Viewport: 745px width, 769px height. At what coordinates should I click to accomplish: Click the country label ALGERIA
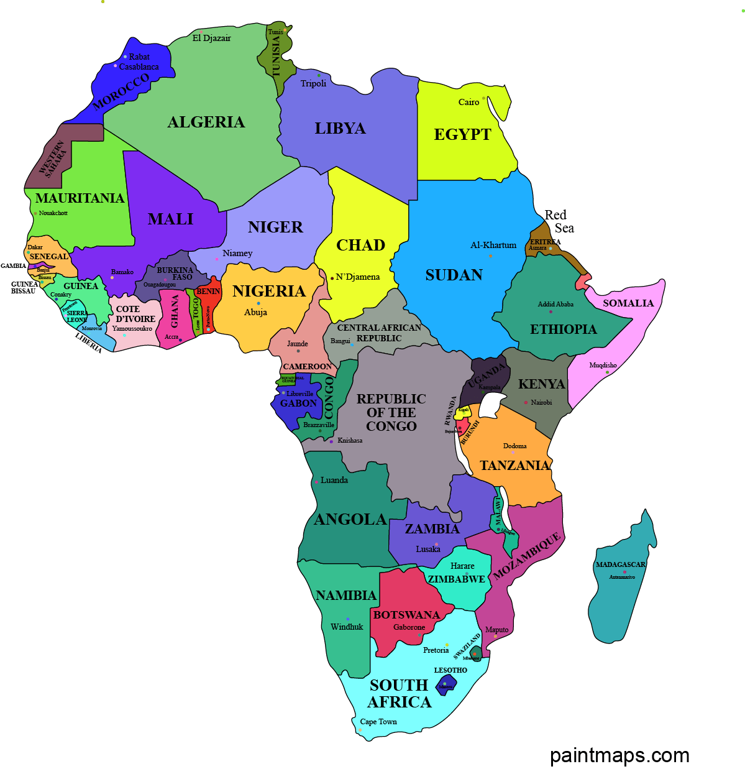pyautogui.click(x=206, y=122)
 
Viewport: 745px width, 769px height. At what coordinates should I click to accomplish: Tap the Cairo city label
pyautogui.click(x=468, y=102)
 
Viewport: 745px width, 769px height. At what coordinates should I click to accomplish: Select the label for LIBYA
pyautogui.click(x=340, y=129)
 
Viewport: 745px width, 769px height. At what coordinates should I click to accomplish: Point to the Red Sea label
pyautogui.click(x=559, y=222)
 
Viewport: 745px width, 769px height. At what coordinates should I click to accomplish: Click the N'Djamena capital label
pyautogui.click(x=357, y=277)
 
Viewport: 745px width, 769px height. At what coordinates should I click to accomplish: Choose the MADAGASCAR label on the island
pyautogui.click(x=620, y=564)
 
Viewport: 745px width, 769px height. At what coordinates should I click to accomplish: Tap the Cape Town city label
pyautogui.click(x=378, y=722)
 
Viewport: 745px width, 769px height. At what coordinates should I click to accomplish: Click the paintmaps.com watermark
pyautogui.click(x=619, y=755)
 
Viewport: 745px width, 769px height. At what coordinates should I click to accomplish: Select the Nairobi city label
pyautogui.click(x=541, y=402)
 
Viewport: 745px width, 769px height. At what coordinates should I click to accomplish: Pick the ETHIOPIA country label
pyautogui.click(x=563, y=329)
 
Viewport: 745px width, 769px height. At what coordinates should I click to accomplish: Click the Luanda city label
pyautogui.click(x=334, y=480)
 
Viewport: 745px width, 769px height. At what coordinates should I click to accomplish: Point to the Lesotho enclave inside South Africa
pyautogui.click(x=446, y=685)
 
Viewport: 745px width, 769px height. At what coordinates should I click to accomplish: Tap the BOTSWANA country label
pyautogui.click(x=406, y=615)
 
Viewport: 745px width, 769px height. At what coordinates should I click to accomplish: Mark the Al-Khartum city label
pyautogui.click(x=493, y=245)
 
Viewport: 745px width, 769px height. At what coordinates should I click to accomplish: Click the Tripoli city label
pyautogui.click(x=313, y=83)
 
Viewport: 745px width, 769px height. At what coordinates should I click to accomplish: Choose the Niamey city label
pyautogui.click(x=237, y=253)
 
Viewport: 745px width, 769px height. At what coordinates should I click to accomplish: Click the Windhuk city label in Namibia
pyautogui.click(x=347, y=627)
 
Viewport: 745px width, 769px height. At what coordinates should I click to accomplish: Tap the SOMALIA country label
pyautogui.click(x=628, y=303)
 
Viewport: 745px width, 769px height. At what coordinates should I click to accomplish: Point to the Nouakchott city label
pyautogui.click(x=53, y=213)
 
